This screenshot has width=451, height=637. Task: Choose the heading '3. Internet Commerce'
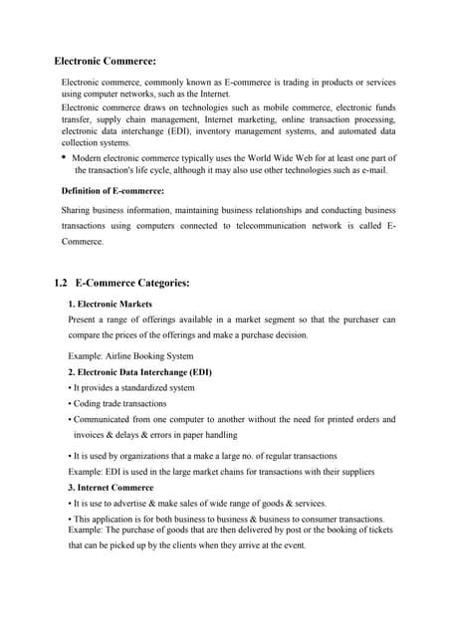pos(111,488)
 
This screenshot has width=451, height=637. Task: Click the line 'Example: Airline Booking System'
pos(130,355)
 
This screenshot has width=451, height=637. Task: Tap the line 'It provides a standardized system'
pos(133,387)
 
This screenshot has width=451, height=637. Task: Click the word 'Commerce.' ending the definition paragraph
pos(83,242)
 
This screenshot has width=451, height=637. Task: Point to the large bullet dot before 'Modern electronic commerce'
pos(64,157)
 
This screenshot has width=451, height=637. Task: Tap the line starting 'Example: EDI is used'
pos(221,471)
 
